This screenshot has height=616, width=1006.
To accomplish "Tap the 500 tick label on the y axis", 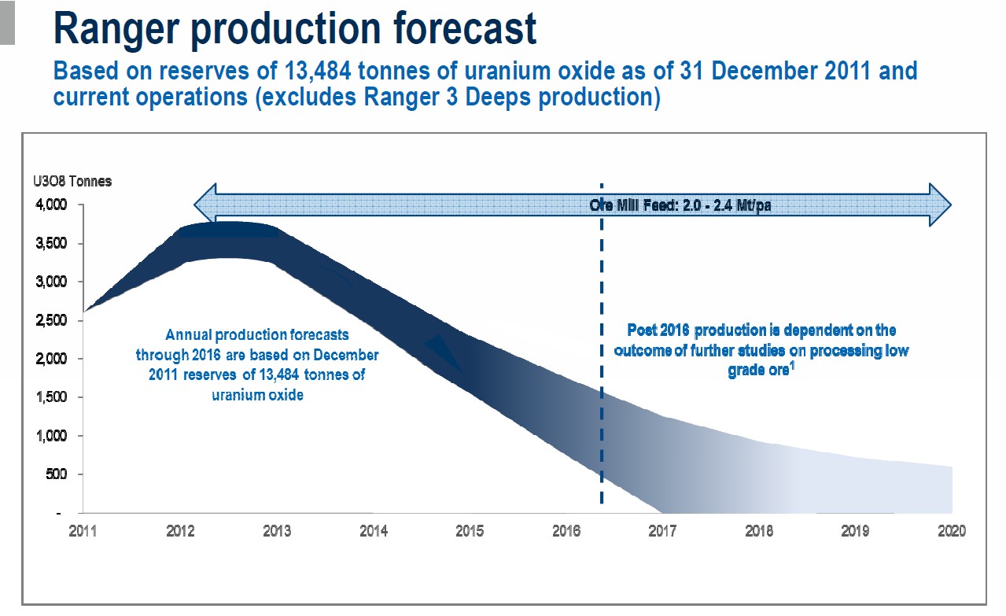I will pyautogui.click(x=59, y=474).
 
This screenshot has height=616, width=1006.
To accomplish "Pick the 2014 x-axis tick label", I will pyautogui.click(x=374, y=531).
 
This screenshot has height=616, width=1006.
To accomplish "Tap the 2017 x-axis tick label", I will pyautogui.click(x=664, y=531).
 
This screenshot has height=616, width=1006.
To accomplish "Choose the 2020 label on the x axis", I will pyautogui.click(x=951, y=531).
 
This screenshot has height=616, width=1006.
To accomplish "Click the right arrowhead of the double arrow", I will pyautogui.click(x=940, y=205).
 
